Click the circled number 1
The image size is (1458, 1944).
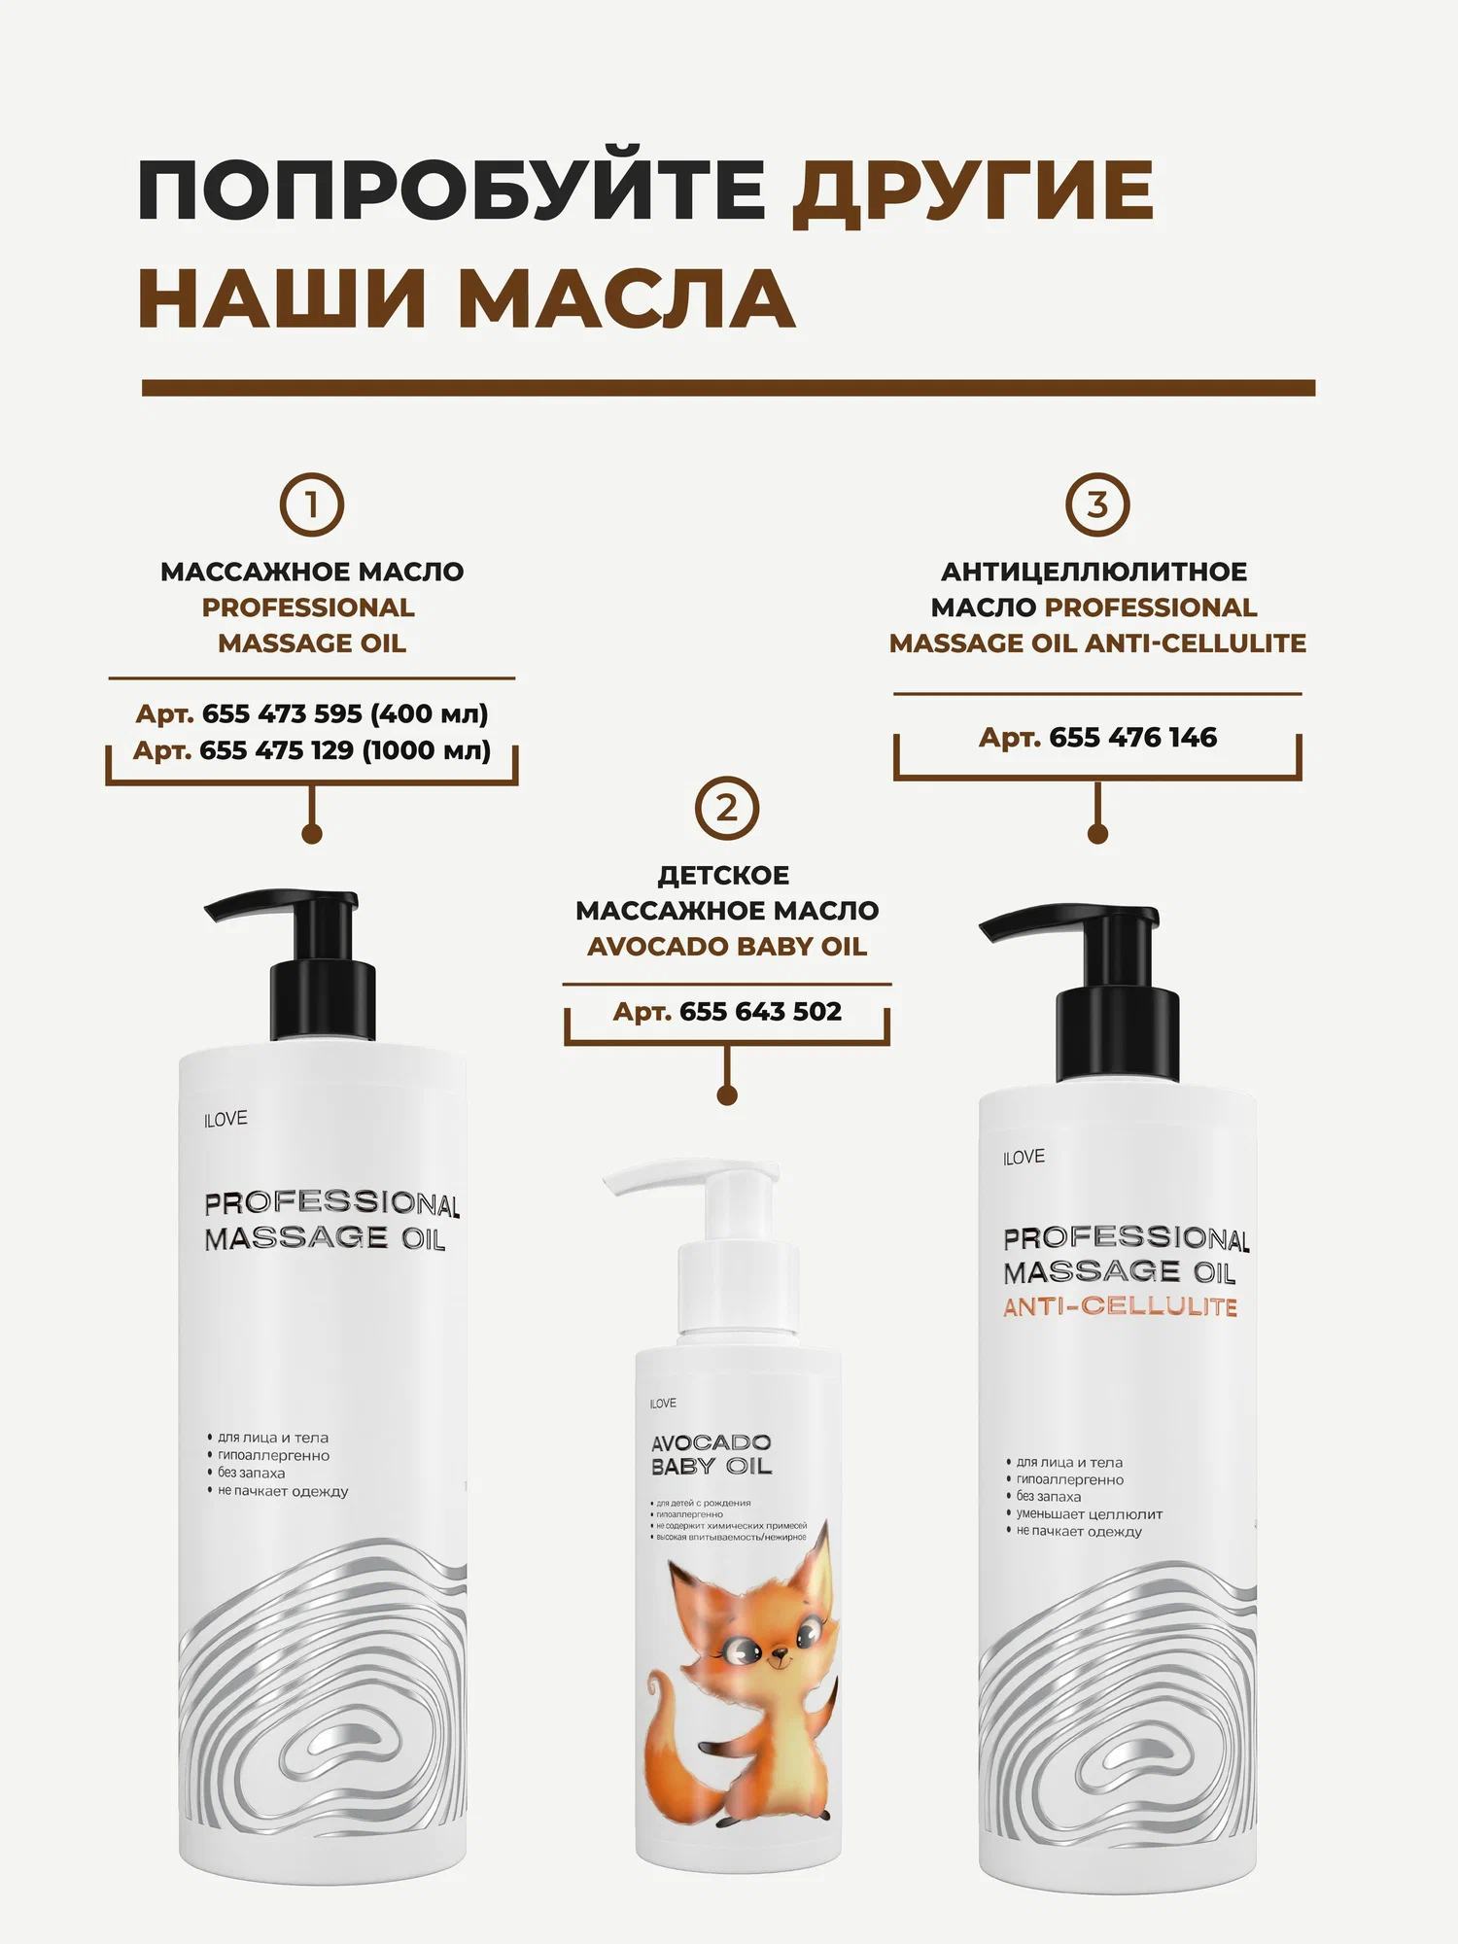(x=312, y=505)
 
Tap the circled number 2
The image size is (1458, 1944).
(x=727, y=808)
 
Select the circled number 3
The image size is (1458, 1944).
(x=1097, y=505)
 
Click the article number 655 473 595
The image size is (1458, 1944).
(x=282, y=713)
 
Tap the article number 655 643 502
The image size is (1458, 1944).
(x=761, y=1012)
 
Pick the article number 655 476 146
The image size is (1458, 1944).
(x=1133, y=738)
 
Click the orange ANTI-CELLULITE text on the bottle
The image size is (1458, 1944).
(x=1121, y=1306)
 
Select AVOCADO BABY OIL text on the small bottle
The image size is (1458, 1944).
(x=712, y=1454)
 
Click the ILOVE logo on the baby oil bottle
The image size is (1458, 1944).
(x=663, y=1404)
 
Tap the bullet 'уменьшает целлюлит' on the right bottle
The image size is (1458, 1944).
(x=1089, y=1514)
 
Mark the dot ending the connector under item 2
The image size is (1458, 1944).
(x=727, y=1095)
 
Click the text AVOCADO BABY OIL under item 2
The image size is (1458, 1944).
(x=727, y=947)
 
